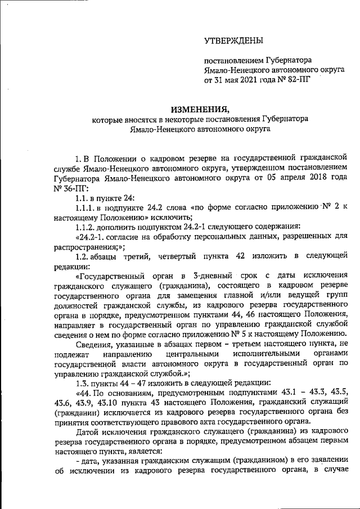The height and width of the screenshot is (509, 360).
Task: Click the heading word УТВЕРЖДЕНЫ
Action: point(233,41)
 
